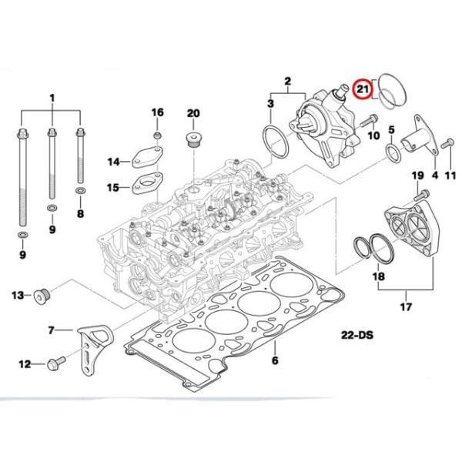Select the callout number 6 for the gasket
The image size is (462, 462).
click(275, 360)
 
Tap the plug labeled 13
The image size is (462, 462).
click(41, 295)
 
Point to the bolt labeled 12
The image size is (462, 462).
click(55, 362)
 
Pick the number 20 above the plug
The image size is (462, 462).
click(192, 113)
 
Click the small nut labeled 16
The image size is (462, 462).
click(157, 136)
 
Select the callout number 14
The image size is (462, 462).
click(114, 162)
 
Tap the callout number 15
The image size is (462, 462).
click(113, 187)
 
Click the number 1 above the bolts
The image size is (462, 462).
click(52, 99)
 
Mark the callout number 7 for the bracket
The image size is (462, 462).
click(52, 331)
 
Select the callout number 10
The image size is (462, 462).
click(373, 136)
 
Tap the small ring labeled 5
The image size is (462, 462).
click(393, 148)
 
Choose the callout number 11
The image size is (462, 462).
click(451, 176)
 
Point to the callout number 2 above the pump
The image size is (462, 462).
click(288, 81)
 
